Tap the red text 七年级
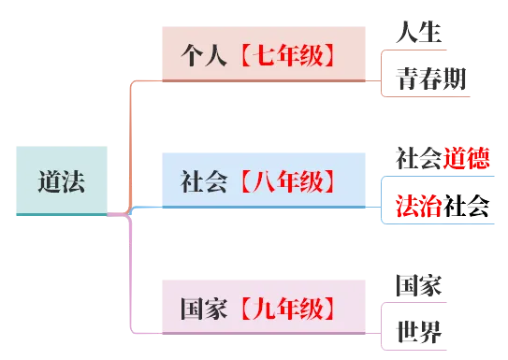tap(287, 55)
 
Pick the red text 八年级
tap(287, 180)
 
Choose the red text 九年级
tap(287, 308)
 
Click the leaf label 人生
tap(418, 30)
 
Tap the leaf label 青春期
tap(429, 79)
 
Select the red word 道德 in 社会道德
tap(467, 156)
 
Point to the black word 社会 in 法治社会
tap(467, 206)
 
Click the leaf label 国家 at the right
tap(418, 284)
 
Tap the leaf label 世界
tap(418, 331)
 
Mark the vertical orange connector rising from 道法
tap(130, 140)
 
